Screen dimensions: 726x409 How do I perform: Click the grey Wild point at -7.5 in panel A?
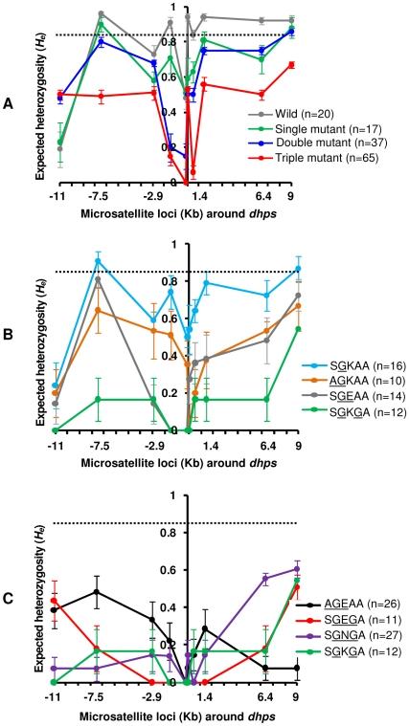[101, 14]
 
